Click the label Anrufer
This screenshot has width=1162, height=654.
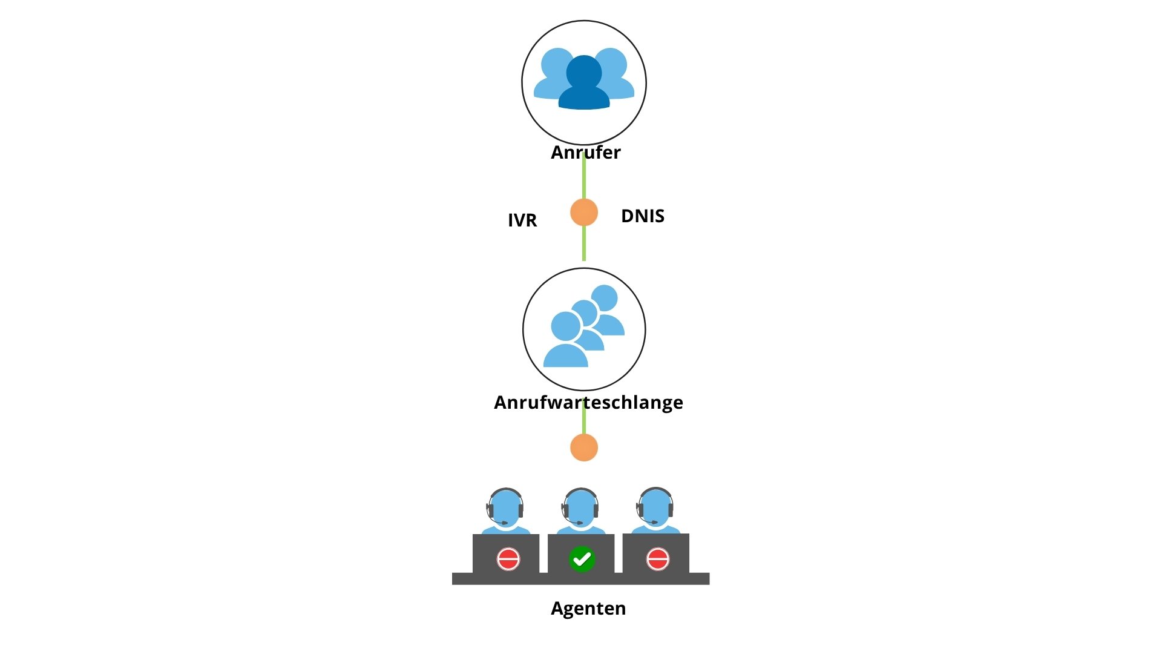pyautogui.click(x=585, y=153)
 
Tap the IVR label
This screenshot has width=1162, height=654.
pyautogui.click(x=522, y=220)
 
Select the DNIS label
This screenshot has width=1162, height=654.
pyautogui.click(x=643, y=216)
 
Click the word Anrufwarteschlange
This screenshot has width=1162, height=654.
pyautogui.click(x=588, y=403)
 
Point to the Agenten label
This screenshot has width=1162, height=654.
pyautogui.click(x=588, y=609)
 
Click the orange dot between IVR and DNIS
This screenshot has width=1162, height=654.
pyautogui.click(x=584, y=213)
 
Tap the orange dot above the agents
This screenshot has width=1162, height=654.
pyautogui.click(x=584, y=448)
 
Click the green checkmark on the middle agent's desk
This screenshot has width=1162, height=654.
pyautogui.click(x=582, y=559)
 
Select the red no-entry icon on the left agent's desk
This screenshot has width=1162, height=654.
pyautogui.click(x=508, y=559)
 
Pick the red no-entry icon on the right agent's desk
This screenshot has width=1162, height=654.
pyautogui.click(x=658, y=559)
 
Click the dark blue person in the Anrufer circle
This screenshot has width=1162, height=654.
pyautogui.click(x=584, y=83)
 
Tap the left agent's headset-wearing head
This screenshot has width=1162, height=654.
pyautogui.click(x=505, y=507)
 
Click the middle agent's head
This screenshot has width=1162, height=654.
pyautogui.click(x=580, y=507)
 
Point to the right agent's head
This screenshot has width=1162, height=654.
pyautogui.click(x=655, y=507)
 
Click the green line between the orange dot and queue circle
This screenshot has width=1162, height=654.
pyautogui.click(x=584, y=243)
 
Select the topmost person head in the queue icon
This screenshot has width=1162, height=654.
pyautogui.click(x=604, y=299)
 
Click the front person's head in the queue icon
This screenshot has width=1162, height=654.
pyautogui.click(x=566, y=326)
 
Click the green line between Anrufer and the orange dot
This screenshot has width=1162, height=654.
pyautogui.click(x=584, y=176)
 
